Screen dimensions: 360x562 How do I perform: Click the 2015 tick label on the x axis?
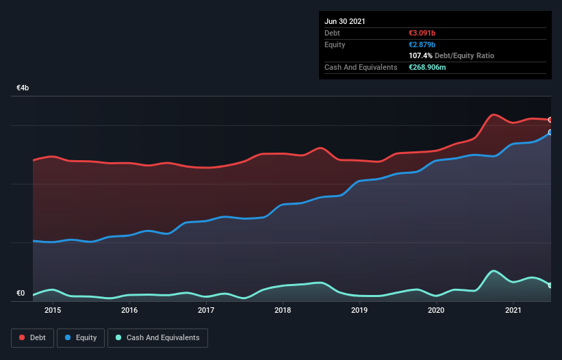point(53,311)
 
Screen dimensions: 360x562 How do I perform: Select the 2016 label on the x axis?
point(129,311)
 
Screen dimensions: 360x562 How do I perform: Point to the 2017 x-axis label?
point(206,311)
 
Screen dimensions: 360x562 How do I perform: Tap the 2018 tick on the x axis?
point(283,311)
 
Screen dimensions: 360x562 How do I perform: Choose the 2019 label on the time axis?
point(360,311)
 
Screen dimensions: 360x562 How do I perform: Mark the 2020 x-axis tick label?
point(437,311)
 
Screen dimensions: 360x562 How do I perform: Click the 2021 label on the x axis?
point(513,311)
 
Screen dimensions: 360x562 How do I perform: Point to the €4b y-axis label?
point(23,88)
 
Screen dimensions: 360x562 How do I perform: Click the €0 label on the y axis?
point(21,294)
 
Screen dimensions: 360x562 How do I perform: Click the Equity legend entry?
point(81,337)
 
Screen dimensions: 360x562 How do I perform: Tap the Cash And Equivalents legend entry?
point(157,337)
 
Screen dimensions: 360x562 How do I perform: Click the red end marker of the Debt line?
point(550,120)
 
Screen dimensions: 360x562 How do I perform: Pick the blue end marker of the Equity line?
point(550,132)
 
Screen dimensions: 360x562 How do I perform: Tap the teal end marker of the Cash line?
point(550,285)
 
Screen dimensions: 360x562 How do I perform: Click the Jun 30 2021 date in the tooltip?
point(345,21)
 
